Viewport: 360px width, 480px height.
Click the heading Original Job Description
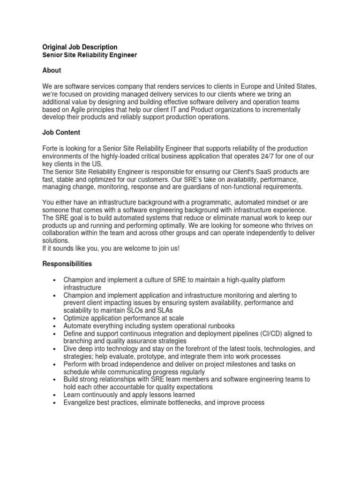tap(80, 47)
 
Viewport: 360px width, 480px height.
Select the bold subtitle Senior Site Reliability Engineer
tap(90, 55)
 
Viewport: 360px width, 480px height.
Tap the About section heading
tap(52, 70)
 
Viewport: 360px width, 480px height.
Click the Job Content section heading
tap(61, 133)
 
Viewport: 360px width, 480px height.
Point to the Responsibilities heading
tap(67, 264)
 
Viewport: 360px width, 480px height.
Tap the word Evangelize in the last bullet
tap(80, 402)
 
